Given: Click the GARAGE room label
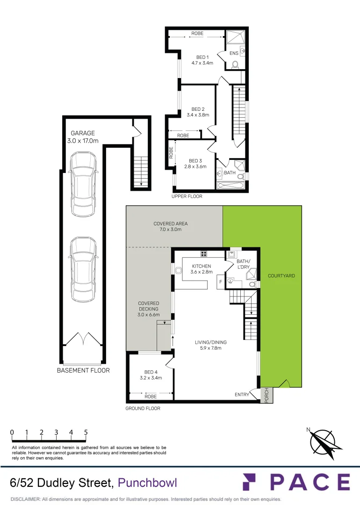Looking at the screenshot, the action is click(83, 133).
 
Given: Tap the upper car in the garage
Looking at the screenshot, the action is click(83, 184).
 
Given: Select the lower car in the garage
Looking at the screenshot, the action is click(83, 270).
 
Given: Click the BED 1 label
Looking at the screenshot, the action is click(202, 58).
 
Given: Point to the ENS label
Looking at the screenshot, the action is click(234, 53).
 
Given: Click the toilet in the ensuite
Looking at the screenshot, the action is click(235, 65).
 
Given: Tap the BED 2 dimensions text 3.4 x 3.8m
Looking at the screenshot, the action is click(198, 115).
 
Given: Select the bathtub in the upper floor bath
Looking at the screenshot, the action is click(230, 186).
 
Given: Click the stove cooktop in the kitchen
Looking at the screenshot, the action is click(204, 253).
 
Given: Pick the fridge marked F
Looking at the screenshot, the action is click(221, 282).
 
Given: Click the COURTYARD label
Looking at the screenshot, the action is click(281, 276).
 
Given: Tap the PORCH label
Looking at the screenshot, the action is click(266, 395).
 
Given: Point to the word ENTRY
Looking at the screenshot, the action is click(242, 395).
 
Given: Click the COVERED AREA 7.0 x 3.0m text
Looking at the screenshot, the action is click(170, 226).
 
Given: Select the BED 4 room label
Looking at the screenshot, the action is click(151, 372).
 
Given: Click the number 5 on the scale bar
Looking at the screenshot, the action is click(86, 432).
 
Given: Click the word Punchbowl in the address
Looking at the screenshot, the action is click(147, 483).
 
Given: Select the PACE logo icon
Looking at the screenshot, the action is click(249, 482).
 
